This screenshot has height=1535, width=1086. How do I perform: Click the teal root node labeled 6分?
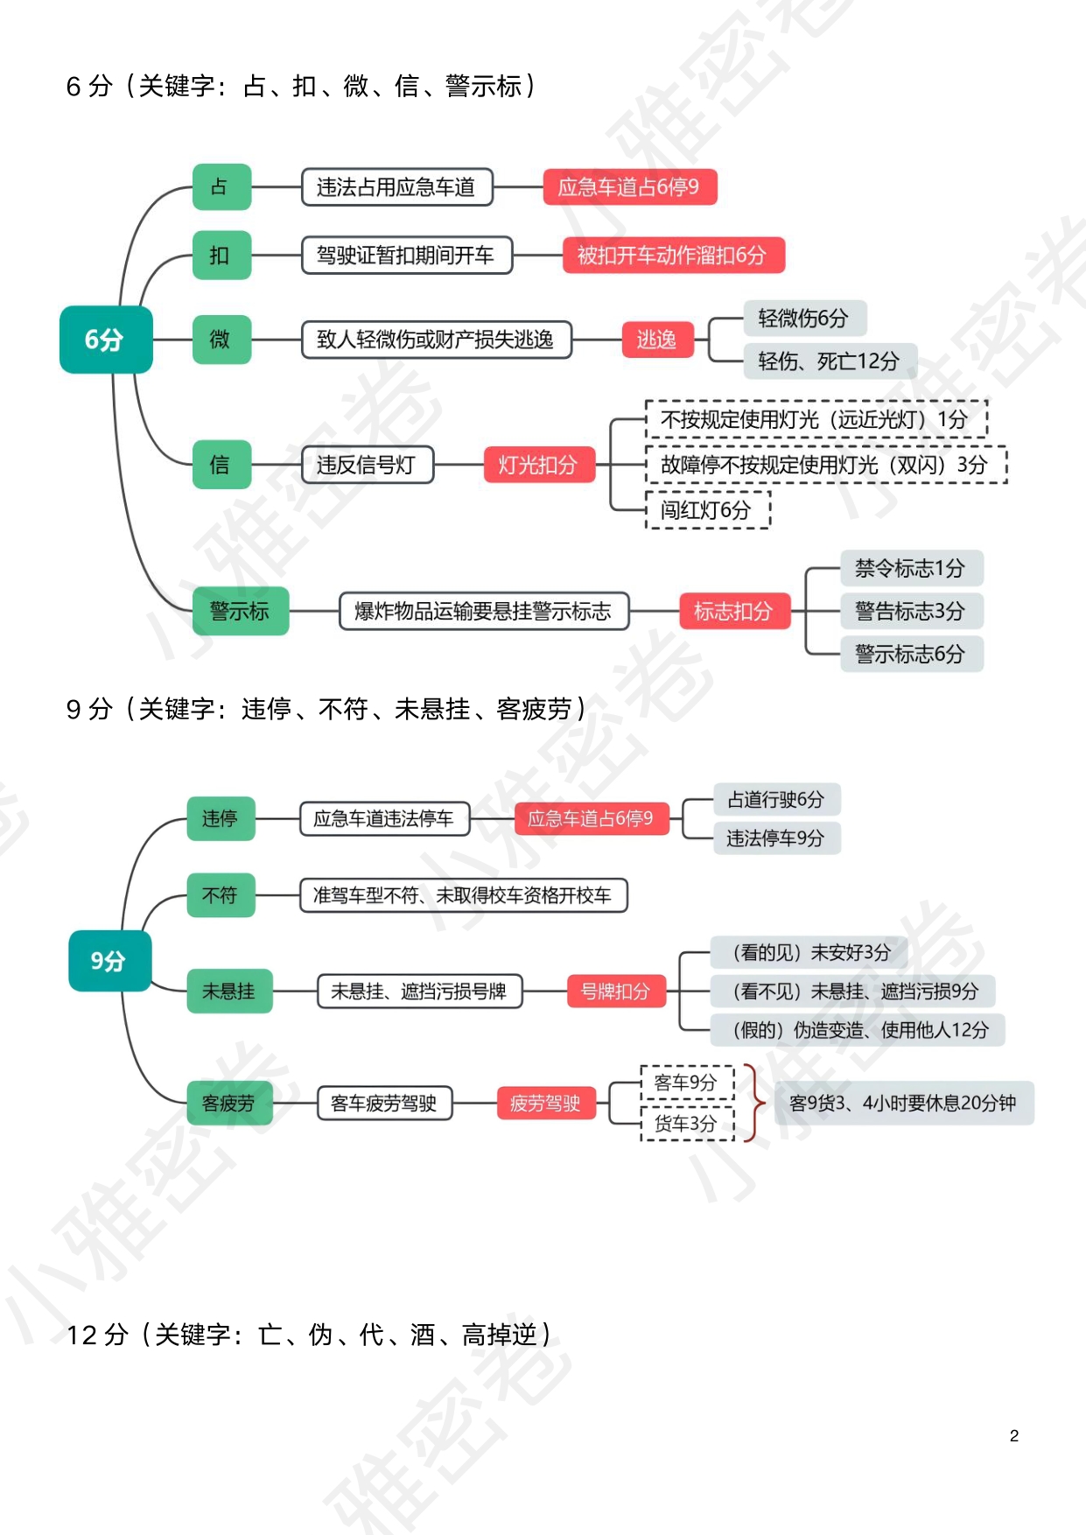[x=106, y=340]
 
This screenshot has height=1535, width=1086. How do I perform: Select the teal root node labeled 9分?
[x=109, y=961]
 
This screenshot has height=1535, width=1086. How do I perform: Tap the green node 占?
[x=221, y=186]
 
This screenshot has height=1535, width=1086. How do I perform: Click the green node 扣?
[x=221, y=255]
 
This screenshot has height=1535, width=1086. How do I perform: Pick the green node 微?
[x=221, y=339]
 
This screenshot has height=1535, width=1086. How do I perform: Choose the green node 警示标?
[x=241, y=611]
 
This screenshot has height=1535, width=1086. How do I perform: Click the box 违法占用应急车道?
[x=396, y=187]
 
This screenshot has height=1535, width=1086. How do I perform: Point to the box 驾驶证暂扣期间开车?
[x=406, y=255]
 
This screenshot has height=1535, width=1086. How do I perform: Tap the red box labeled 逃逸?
[x=657, y=340]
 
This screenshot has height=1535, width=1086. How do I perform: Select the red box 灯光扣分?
[x=539, y=465]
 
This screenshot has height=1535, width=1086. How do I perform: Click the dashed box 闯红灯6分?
[x=707, y=509]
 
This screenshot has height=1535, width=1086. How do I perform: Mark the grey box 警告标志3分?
[x=911, y=611]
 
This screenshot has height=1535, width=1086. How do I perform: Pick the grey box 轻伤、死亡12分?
[x=830, y=361]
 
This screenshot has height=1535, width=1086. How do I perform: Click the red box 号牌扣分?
[x=616, y=992]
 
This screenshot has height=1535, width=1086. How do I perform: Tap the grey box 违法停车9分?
[x=776, y=838]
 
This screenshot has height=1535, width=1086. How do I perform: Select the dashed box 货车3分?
[x=687, y=1123]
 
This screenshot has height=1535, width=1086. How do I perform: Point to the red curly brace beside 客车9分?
[x=751, y=1103]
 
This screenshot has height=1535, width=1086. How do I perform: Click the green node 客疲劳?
[x=229, y=1103]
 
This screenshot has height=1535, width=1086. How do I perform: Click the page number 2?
[x=1014, y=1435]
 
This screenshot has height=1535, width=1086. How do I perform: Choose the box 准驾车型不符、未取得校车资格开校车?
[x=463, y=895]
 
